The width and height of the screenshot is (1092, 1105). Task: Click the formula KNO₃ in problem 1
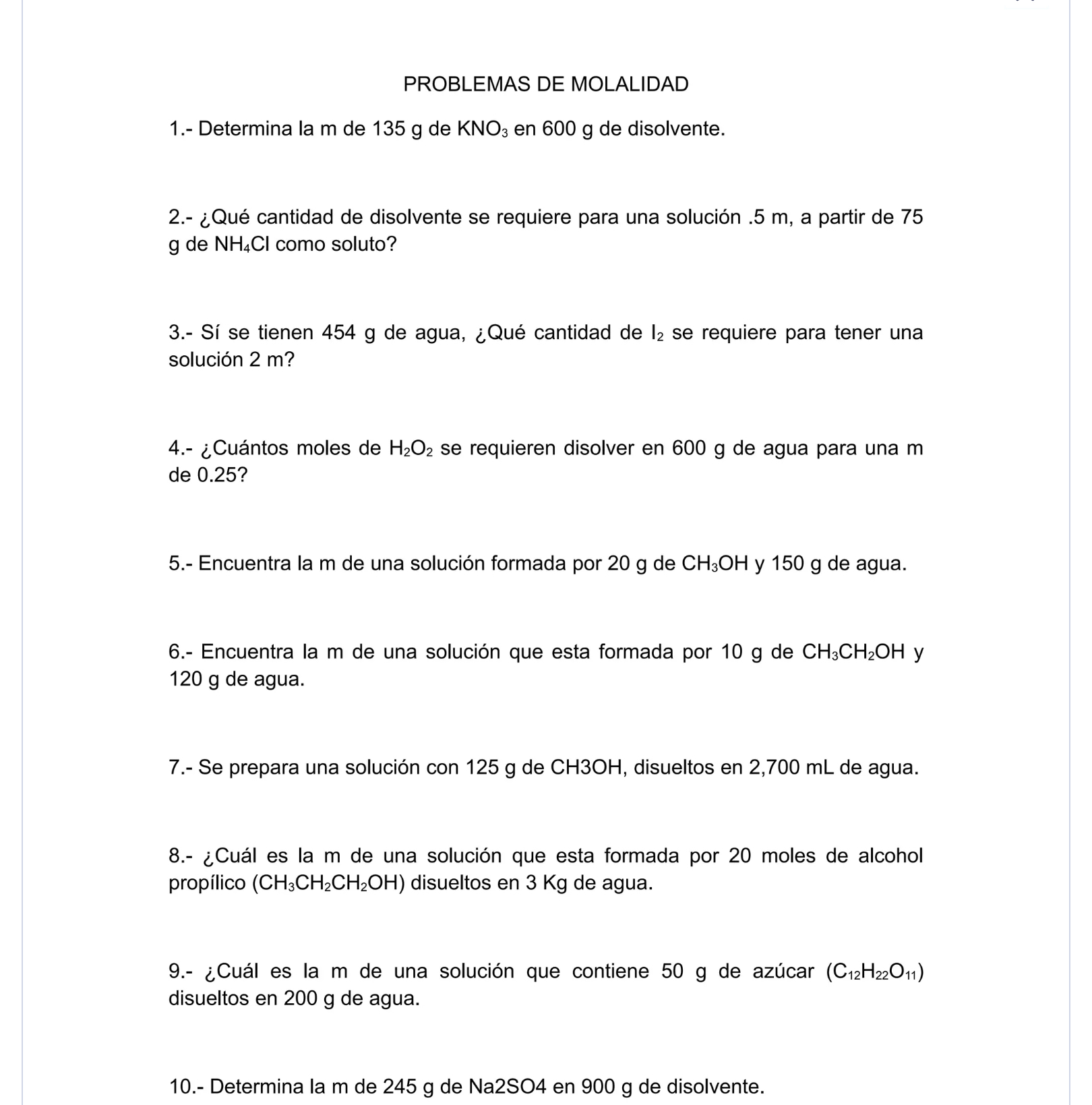point(485,129)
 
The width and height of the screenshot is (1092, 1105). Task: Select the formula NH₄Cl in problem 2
point(241,244)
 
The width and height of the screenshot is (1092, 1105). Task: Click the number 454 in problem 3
point(338,332)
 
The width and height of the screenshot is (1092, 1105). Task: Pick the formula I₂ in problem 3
point(657,333)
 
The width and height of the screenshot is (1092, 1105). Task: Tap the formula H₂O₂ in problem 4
point(411,448)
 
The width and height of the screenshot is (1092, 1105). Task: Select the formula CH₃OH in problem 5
point(715,564)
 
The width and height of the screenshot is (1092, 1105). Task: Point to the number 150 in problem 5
point(787,564)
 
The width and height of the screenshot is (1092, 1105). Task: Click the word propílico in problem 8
point(206,883)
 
